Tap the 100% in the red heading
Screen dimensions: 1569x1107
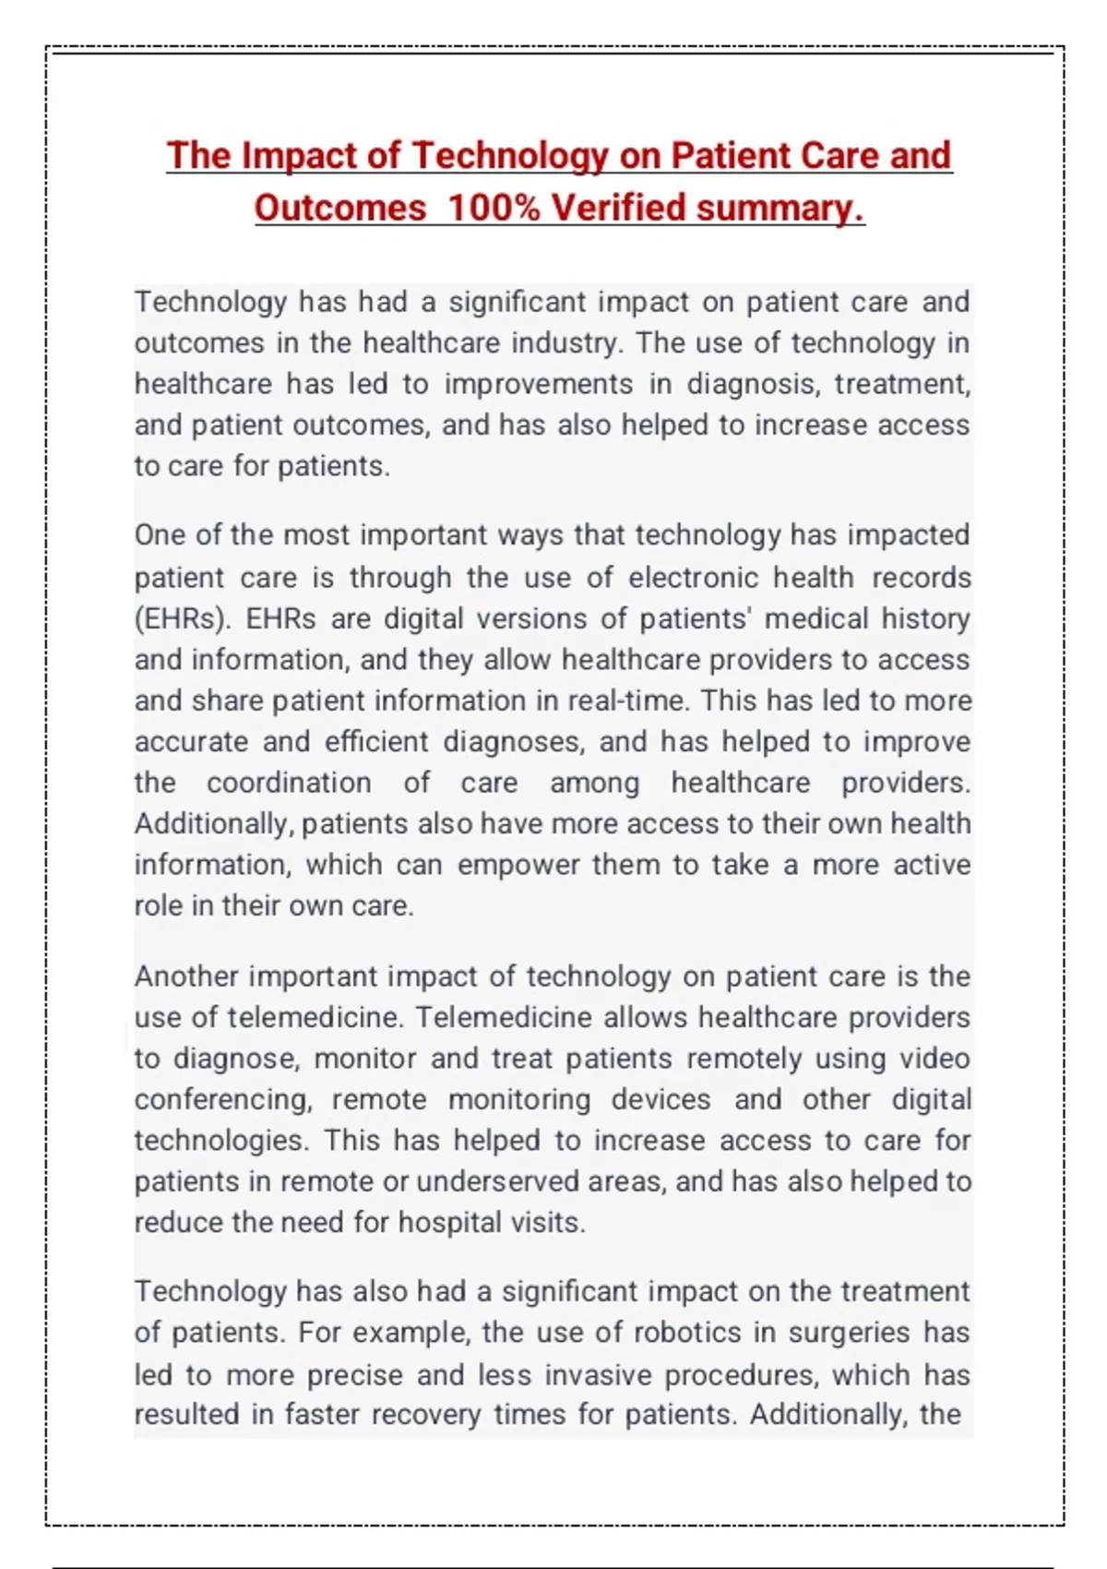pos(493,208)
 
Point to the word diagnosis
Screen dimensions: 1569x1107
pos(752,384)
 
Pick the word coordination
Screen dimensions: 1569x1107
pos(289,783)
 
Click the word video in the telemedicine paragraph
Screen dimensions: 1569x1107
pos(934,1059)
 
